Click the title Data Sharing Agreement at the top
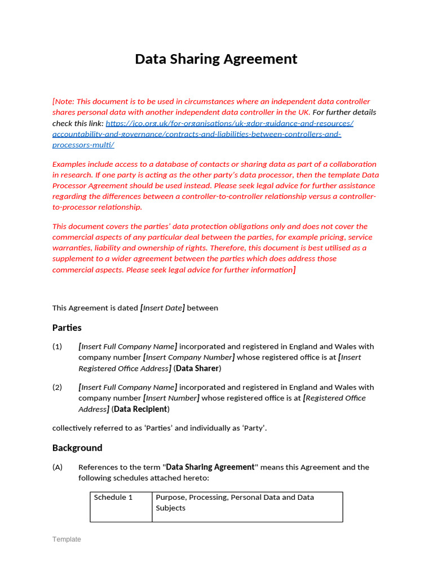coord(216,59)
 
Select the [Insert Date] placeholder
coord(162,308)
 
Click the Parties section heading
coord(67,328)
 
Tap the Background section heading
coord(77,448)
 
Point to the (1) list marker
coord(58,347)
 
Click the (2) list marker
coord(58,387)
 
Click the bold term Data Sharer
coord(197,369)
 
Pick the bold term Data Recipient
coord(140,409)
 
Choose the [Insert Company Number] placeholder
coord(189,357)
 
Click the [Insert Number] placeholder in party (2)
coord(171,398)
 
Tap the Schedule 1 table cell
coord(114,498)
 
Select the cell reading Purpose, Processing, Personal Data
coord(235,503)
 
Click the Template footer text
coord(67,539)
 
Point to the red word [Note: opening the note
coord(63,102)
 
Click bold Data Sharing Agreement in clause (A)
coord(210,467)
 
